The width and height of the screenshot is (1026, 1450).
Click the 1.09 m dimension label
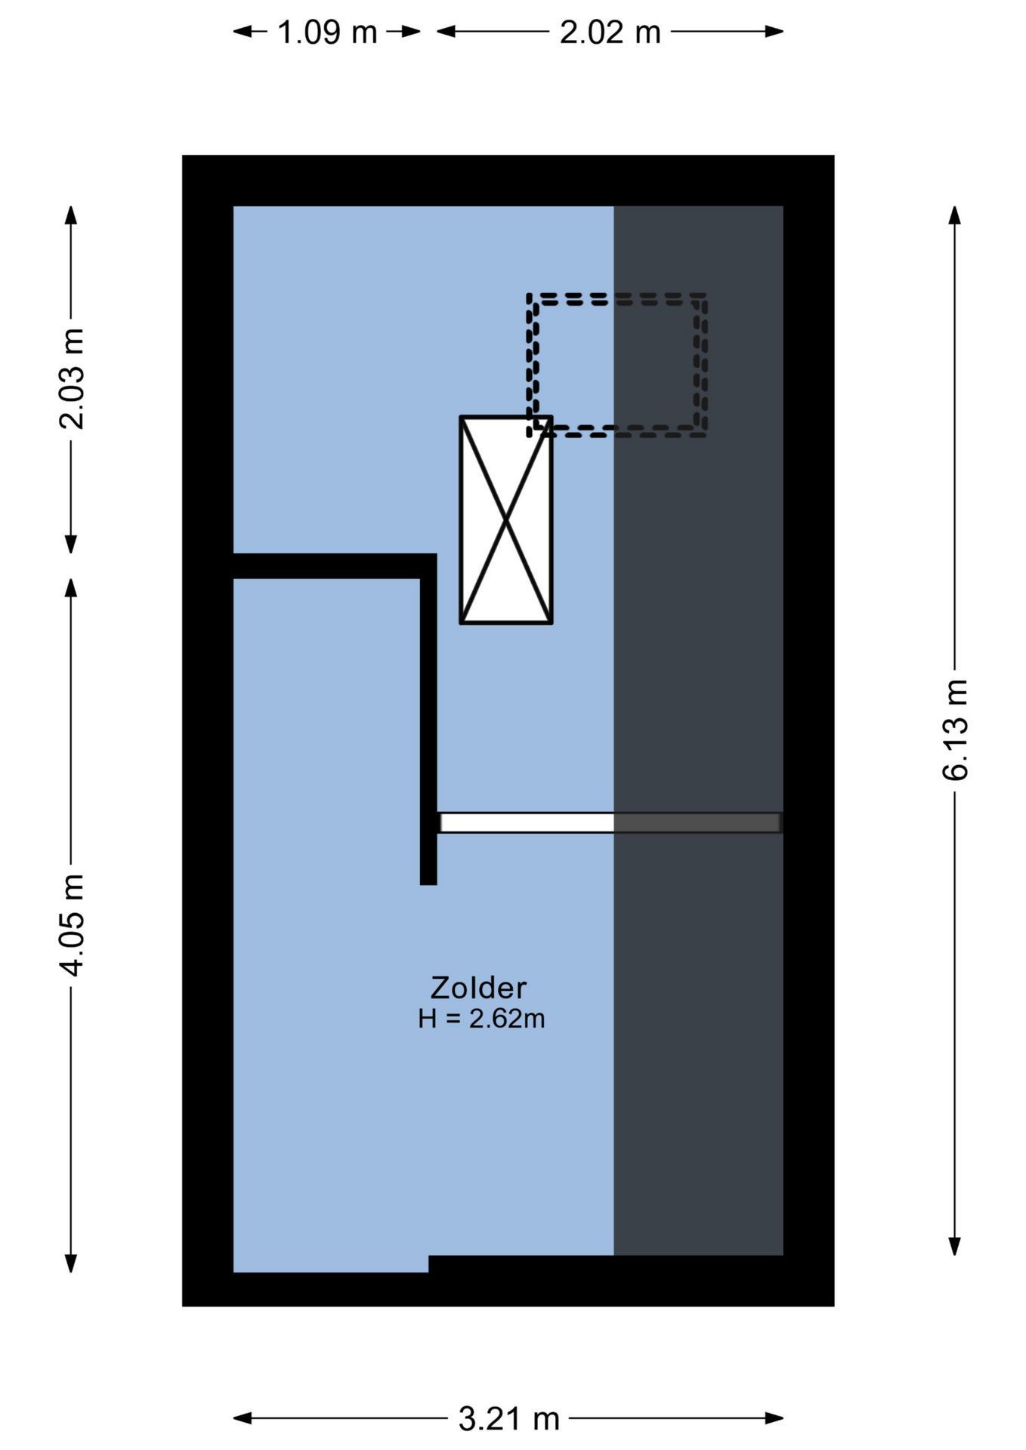[327, 32]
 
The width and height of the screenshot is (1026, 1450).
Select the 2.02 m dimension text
[610, 32]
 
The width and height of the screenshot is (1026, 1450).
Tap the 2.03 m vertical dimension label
[73, 379]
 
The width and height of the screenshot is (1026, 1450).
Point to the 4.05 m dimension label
[73, 924]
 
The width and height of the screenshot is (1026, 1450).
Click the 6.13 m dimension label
[955, 730]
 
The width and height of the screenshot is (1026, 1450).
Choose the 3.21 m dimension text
[508, 1419]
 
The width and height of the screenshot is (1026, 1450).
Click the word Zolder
[478, 988]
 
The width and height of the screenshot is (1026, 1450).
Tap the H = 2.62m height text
[481, 1019]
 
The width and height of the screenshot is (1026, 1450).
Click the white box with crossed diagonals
[506, 520]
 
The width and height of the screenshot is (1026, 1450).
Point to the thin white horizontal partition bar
[527, 822]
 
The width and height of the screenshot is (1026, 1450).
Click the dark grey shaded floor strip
[698, 982]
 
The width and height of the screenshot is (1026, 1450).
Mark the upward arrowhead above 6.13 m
[955, 214]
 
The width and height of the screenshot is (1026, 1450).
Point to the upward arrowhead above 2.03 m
[71, 214]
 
